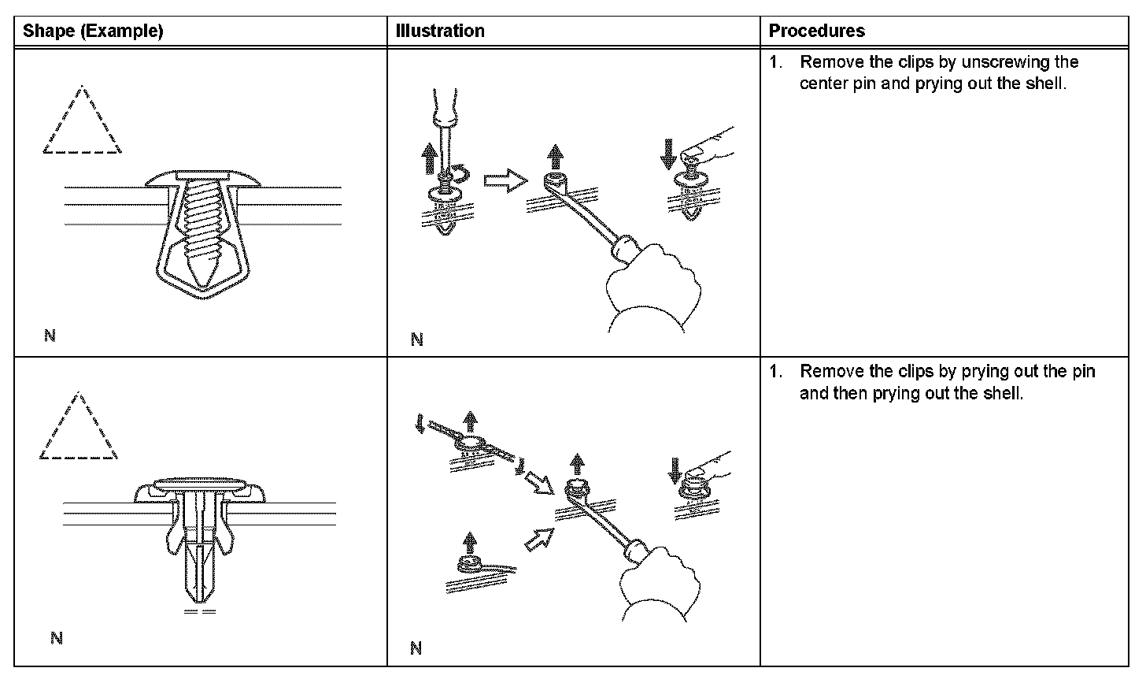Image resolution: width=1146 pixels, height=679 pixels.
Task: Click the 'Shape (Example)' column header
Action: point(93,32)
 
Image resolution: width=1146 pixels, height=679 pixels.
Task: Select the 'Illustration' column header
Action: point(441,32)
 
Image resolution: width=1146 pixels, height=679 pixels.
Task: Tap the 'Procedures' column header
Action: point(816,32)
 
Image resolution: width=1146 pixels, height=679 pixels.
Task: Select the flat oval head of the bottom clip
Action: point(198,481)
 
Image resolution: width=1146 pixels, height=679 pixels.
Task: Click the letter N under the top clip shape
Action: point(50,336)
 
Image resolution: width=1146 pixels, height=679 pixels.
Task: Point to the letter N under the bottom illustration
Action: point(416,648)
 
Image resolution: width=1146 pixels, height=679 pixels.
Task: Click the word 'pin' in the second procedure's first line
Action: point(1083,371)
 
